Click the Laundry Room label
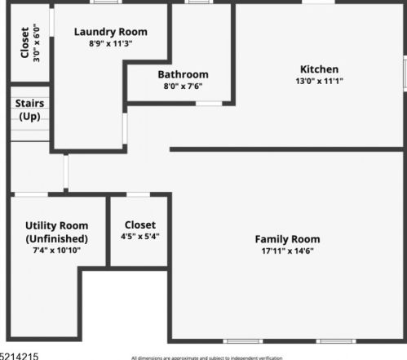pos(111,32)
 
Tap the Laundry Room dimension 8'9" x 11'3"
pos(111,42)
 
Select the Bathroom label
pos(183,74)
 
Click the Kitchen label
pos(319,69)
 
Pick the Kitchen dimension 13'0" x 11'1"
pos(319,81)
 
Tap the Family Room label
pos(287,239)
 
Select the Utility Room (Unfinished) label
pos(56,232)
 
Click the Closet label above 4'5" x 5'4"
pos(140,224)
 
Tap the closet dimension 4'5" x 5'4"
pos(140,237)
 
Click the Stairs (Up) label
pos(29,110)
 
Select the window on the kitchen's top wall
pos(319,2)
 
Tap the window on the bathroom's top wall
pos(197,2)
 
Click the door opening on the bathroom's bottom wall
pos(209,104)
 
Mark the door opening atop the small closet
pos(138,194)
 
